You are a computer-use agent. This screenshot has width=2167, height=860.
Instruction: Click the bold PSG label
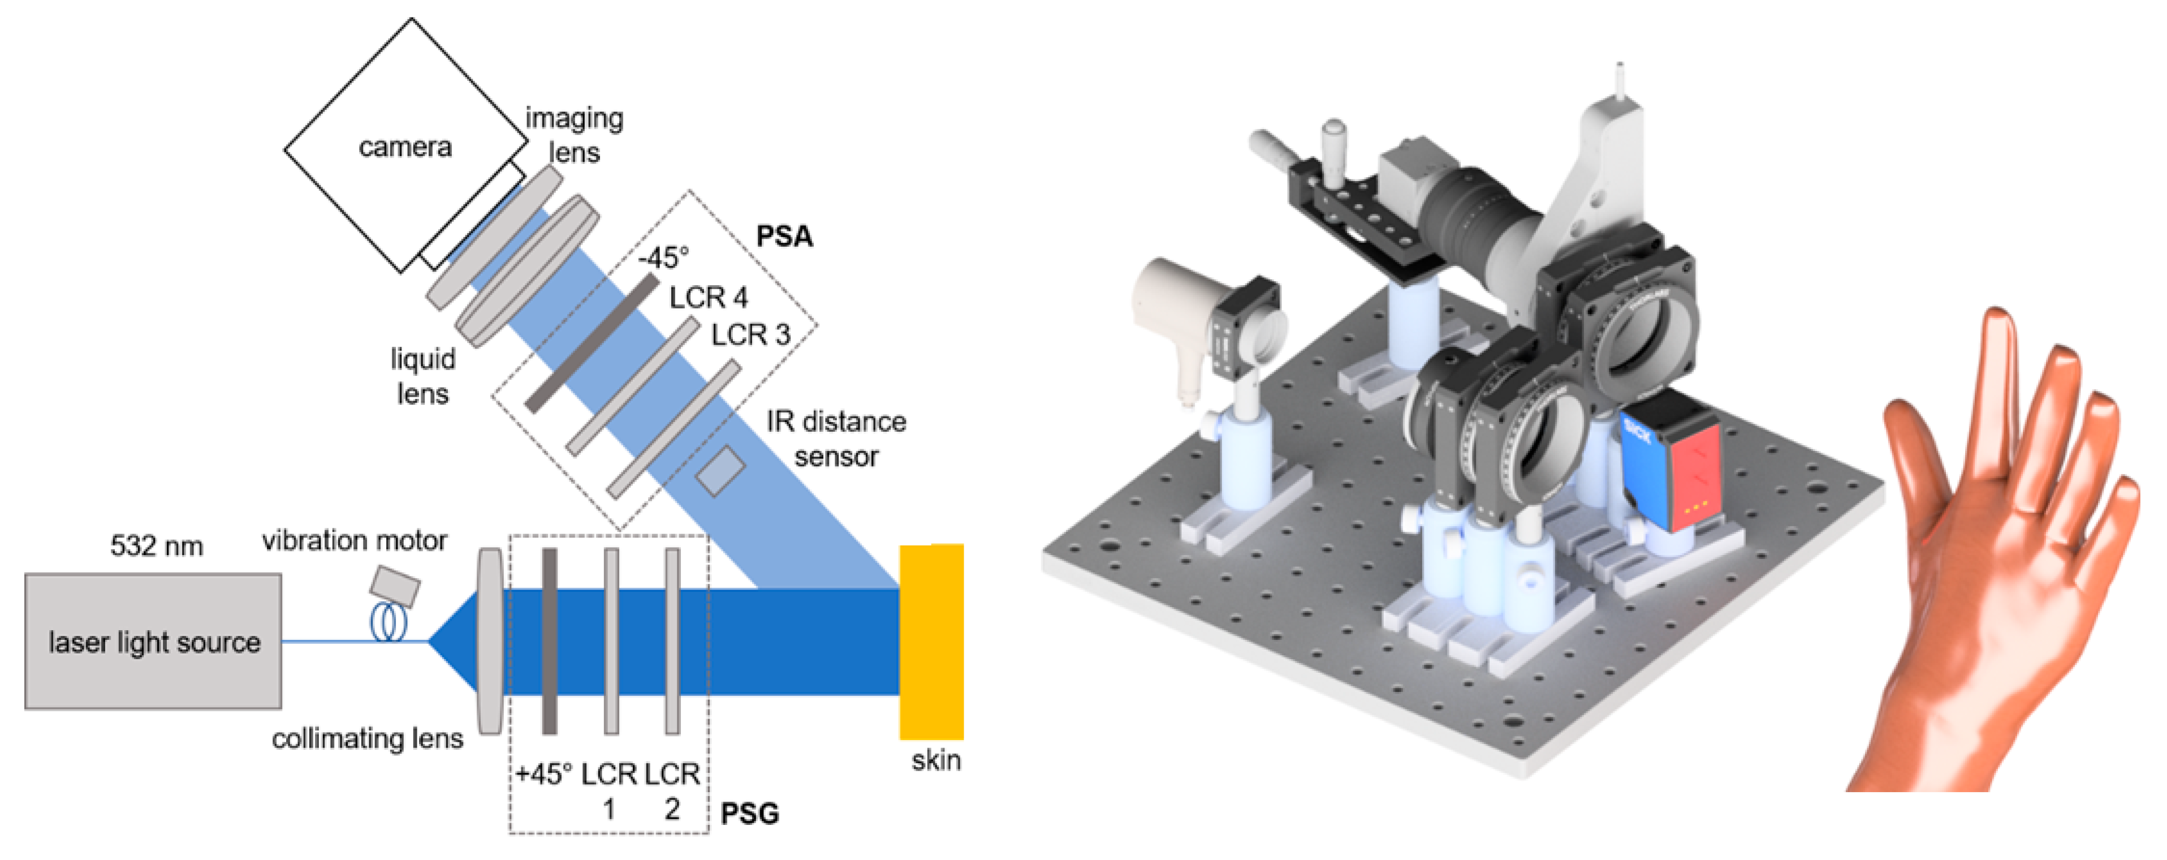(x=749, y=814)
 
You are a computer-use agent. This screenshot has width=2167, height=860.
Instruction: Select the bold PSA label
(x=784, y=236)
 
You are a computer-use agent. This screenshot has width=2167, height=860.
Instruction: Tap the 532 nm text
(x=157, y=546)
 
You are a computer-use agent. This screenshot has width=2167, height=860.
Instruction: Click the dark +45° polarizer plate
(x=549, y=641)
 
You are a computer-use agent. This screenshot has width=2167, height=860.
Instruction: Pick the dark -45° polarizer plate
(x=592, y=342)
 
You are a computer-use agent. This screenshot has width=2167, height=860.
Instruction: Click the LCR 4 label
(x=709, y=297)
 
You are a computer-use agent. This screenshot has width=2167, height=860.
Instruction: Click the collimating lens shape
(x=490, y=641)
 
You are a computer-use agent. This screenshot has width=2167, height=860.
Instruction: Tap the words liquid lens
(x=422, y=376)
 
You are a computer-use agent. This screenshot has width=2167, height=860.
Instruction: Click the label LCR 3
(x=750, y=335)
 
